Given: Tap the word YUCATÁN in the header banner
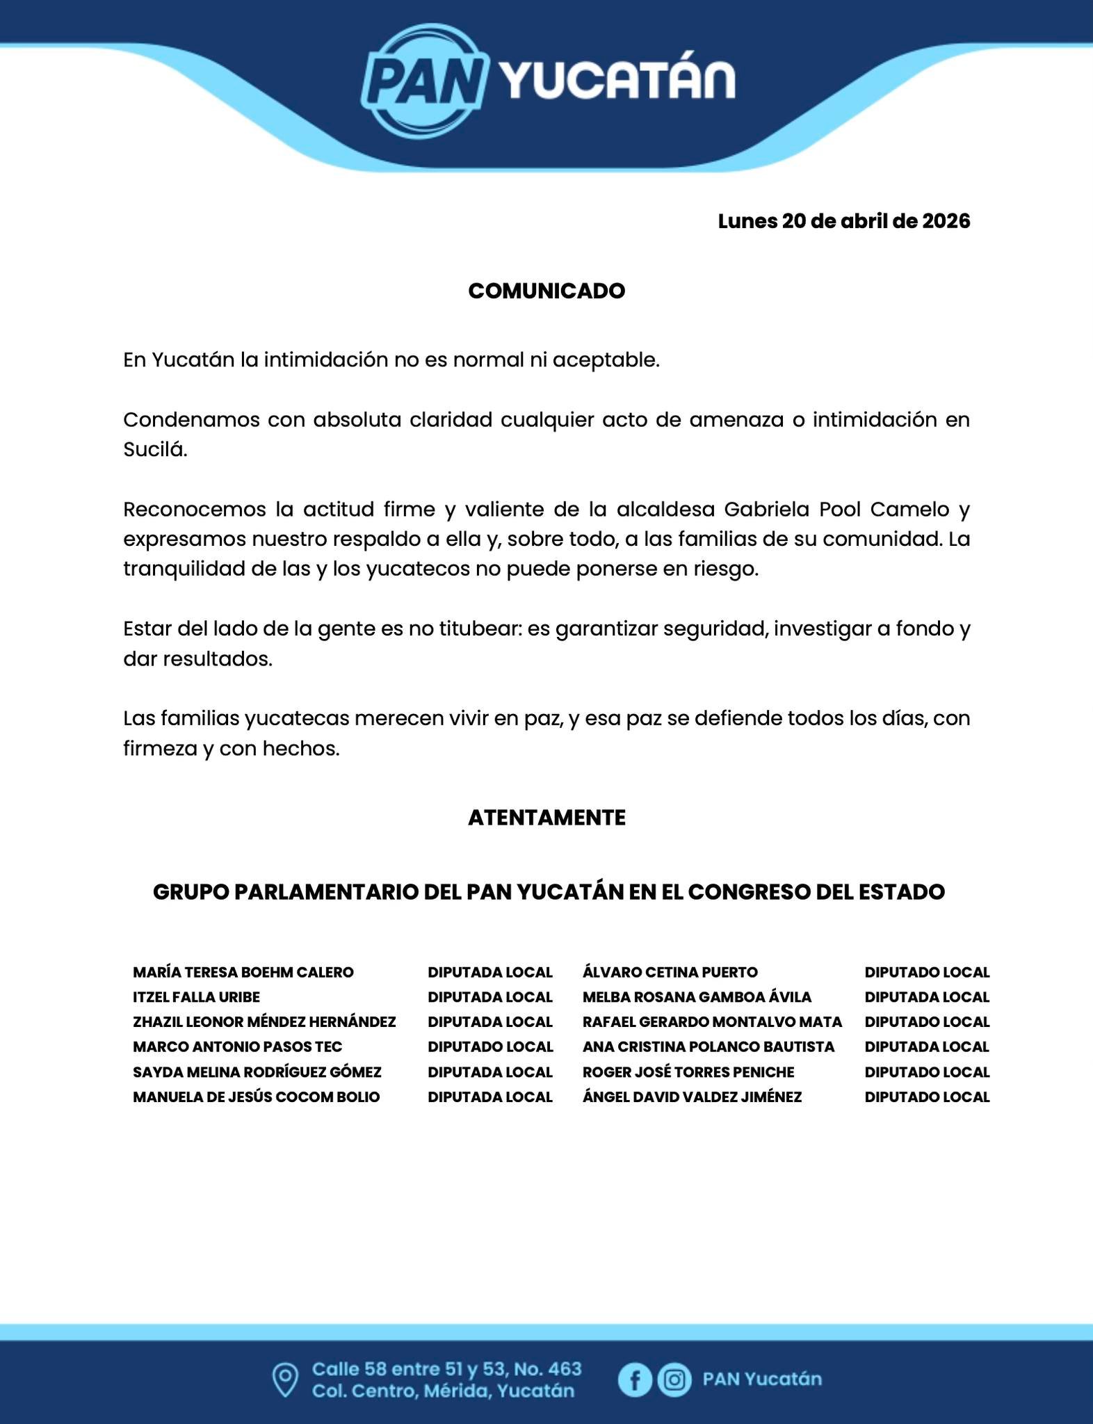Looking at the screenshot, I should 617,81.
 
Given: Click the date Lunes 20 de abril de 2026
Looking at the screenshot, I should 843,221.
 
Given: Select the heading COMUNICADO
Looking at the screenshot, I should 546,291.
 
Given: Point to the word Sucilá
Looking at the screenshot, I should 155,449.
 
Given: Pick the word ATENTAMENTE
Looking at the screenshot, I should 546,817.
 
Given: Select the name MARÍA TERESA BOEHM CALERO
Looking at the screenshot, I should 243,972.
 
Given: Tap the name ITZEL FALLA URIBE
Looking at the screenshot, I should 196,997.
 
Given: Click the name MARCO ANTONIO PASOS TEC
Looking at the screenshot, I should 237,1046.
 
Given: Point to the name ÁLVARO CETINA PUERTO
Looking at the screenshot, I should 670,972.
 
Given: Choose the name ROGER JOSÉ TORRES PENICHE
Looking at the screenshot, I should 688,1072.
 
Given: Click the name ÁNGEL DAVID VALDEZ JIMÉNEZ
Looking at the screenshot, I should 693,1097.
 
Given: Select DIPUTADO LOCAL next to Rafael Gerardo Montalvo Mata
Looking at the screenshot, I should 927,1022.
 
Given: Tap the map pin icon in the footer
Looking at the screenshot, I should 284,1379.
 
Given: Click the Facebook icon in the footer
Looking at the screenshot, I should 635,1379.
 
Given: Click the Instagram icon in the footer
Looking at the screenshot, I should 674,1379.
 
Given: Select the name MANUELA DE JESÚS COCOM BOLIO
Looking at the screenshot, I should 257,1097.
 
